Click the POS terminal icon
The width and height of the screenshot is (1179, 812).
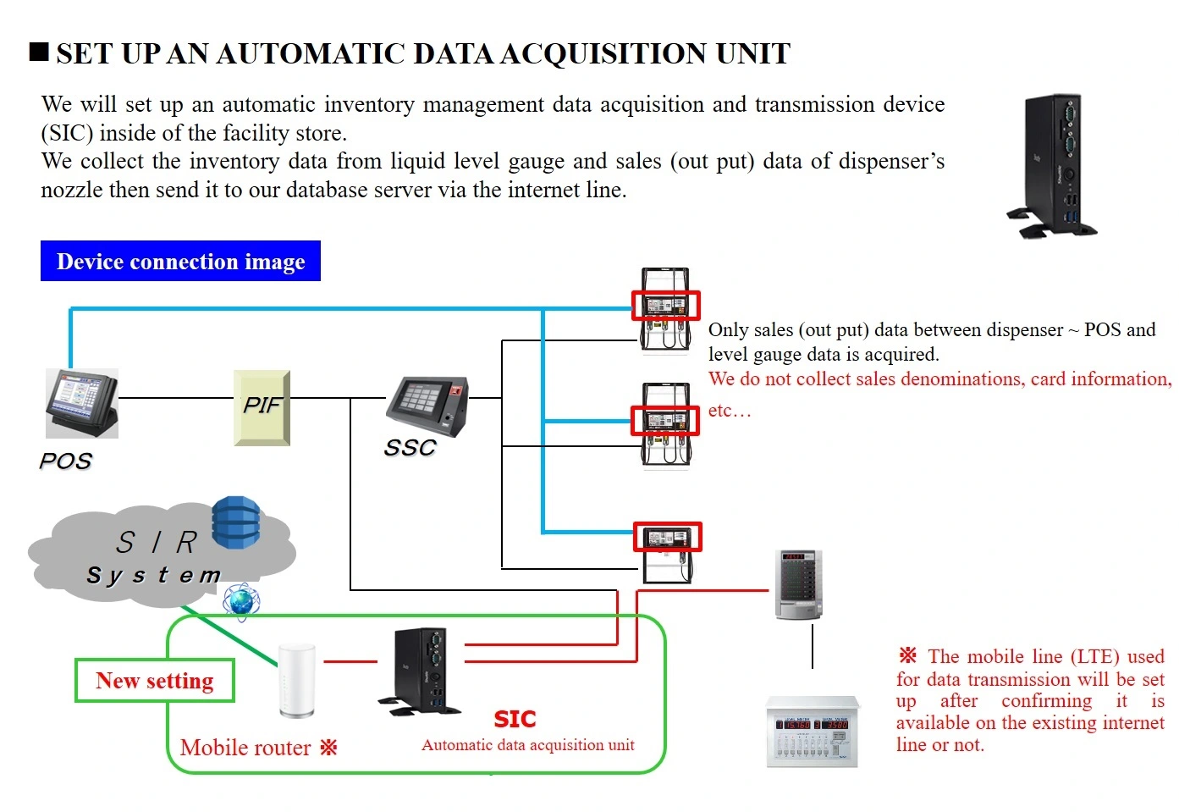pos(82,402)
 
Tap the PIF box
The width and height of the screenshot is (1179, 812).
pos(262,407)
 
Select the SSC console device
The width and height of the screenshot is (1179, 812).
pos(427,406)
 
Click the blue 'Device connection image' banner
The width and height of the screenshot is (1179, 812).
pos(180,262)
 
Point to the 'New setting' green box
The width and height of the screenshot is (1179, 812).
pos(155,681)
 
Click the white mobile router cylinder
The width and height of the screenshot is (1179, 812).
pos(297,681)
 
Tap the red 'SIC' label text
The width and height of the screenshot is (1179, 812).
pos(515,719)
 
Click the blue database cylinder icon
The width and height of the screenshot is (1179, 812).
pos(236,522)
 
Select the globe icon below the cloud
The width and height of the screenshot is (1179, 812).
pos(241,602)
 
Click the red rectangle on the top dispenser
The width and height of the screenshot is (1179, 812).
pos(666,305)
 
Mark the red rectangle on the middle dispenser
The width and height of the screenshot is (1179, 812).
pos(665,421)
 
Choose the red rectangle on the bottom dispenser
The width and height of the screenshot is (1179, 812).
pos(668,536)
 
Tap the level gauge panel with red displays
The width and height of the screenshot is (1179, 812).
pos(813,732)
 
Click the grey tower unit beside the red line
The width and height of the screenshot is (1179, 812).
pos(798,584)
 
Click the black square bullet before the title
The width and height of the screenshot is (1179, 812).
pos(39,52)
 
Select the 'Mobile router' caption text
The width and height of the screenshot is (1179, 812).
pos(245,748)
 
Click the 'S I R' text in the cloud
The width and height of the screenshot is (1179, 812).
pos(157,542)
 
